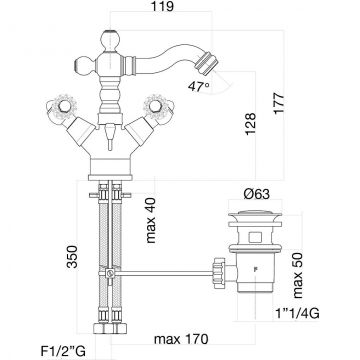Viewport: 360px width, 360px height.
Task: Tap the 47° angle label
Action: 199,87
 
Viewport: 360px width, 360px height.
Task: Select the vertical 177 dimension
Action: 278,103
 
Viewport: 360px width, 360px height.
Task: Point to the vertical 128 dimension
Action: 250,124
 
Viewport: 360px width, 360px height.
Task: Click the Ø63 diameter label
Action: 256,194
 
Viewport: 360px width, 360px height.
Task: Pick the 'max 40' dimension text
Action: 151,221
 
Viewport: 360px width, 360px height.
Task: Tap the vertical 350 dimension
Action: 72,256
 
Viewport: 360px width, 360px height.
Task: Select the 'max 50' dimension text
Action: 298,275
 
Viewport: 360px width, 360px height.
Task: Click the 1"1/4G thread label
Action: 297,313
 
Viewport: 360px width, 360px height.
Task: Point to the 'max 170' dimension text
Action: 181,339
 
